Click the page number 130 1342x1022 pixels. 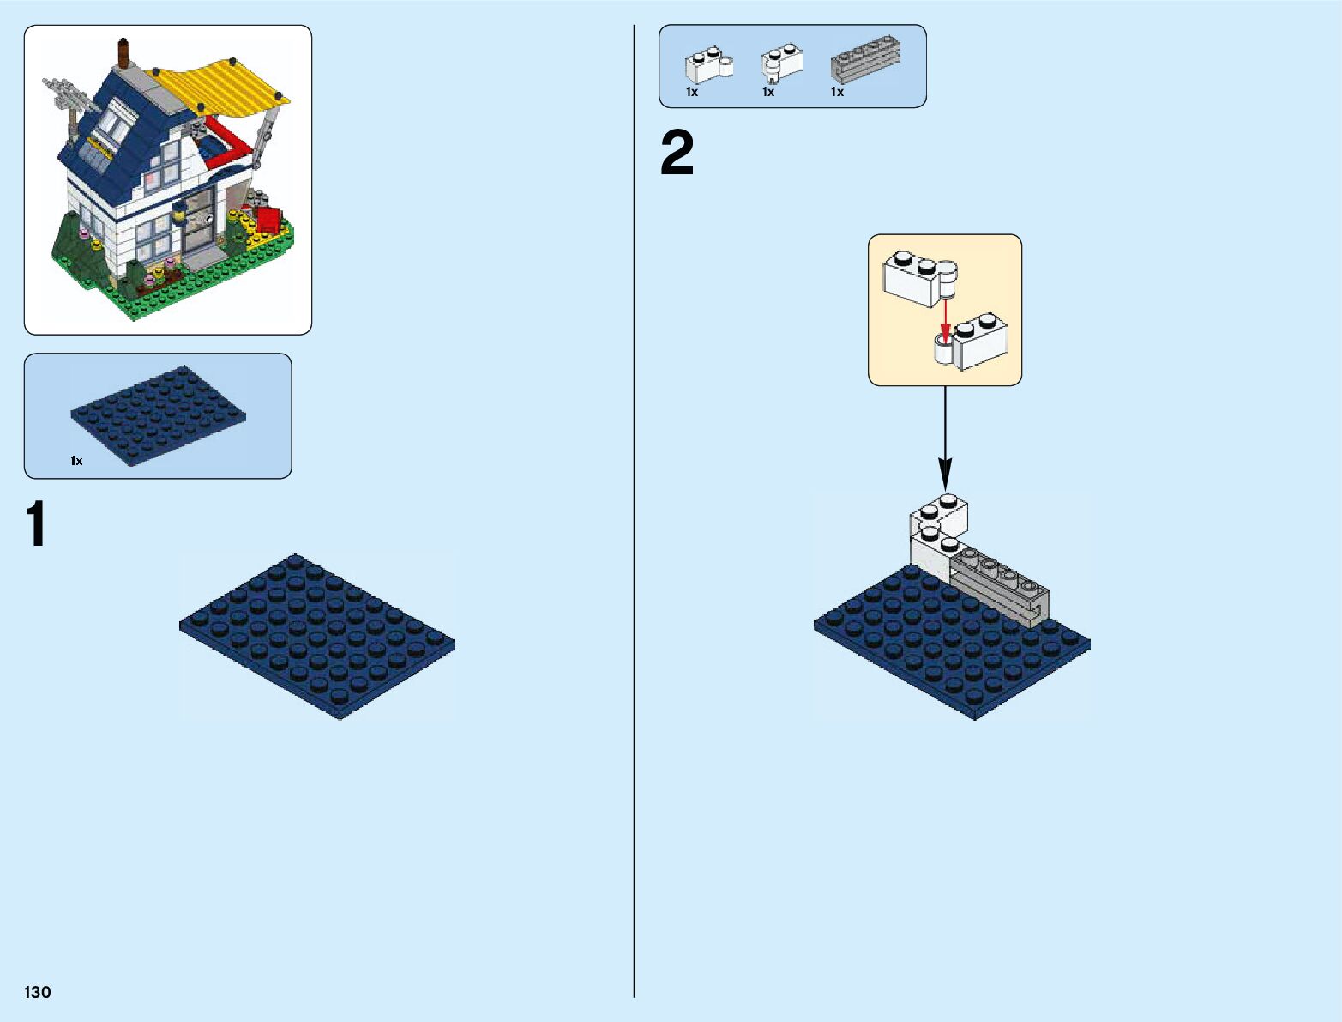click(38, 992)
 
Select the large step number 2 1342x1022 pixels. click(677, 154)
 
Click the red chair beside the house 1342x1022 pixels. click(269, 219)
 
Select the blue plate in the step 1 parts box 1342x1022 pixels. click(159, 414)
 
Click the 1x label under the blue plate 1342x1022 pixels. click(77, 462)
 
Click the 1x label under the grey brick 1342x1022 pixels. click(837, 92)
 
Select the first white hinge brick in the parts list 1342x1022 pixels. click(707, 65)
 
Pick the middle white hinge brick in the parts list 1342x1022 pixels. click(781, 62)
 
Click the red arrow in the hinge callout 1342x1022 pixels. click(945, 322)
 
